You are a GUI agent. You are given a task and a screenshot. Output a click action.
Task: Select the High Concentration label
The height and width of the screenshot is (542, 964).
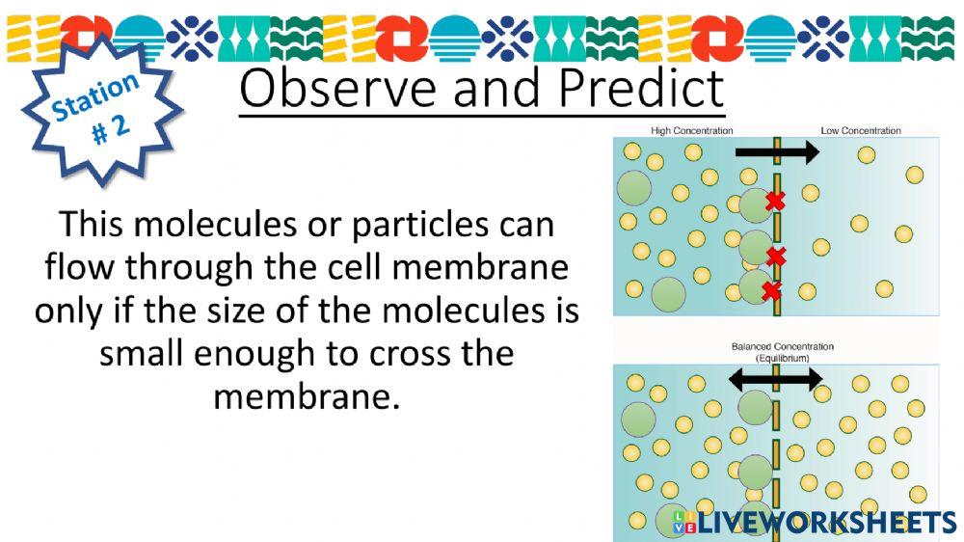(691, 130)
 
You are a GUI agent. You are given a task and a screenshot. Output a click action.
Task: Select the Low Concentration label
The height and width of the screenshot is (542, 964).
(861, 130)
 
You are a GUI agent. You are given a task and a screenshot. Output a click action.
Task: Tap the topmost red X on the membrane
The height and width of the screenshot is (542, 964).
(775, 202)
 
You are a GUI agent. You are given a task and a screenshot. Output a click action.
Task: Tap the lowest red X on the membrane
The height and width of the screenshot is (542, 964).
(771, 290)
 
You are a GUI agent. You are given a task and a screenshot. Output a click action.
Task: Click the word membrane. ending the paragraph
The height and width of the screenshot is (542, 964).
(306, 397)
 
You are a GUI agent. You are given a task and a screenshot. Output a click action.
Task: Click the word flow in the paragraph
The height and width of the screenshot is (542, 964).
(81, 267)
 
